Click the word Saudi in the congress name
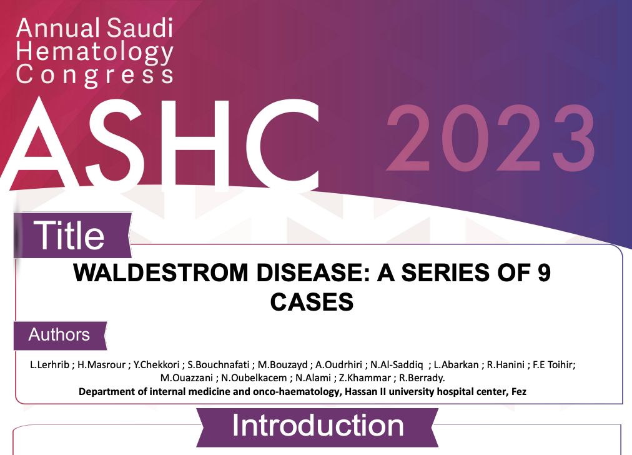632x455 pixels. pyautogui.click(x=140, y=28)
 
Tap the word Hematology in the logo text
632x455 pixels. pyautogui.click(x=95, y=53)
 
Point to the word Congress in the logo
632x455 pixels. pyautogui.click(x=95, y=76)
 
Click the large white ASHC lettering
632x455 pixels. pyautogui.click(x=161, y=143)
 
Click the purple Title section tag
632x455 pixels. pyautogui.click(x=72, y=235)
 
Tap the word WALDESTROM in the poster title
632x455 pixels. pyautogui.click(x=160, y=272)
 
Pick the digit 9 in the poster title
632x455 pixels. pyautogui.click(x=544, y=272)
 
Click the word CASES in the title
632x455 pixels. pyautogui.click(x=312, y=302)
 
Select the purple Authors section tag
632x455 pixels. pyautogui.click(x=60, y=335)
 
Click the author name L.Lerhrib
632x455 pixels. pyautogui.click(x=49, y=364)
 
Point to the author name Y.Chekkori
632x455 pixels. pyautogui.click(x=156, y=364)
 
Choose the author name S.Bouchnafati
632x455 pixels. pyautogui.click(x=219, y=364)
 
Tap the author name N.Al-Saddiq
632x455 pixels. pyautogui.click(x=397, y=364)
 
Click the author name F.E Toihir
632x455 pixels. pyautogui.click(x=553, y=364)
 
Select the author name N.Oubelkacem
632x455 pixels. pyautogui.click(x=254, y=378)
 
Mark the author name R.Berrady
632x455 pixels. pyautogui.click(x=422, y=378)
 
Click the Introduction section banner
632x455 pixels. pyautogui.click(x=318, y=427)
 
